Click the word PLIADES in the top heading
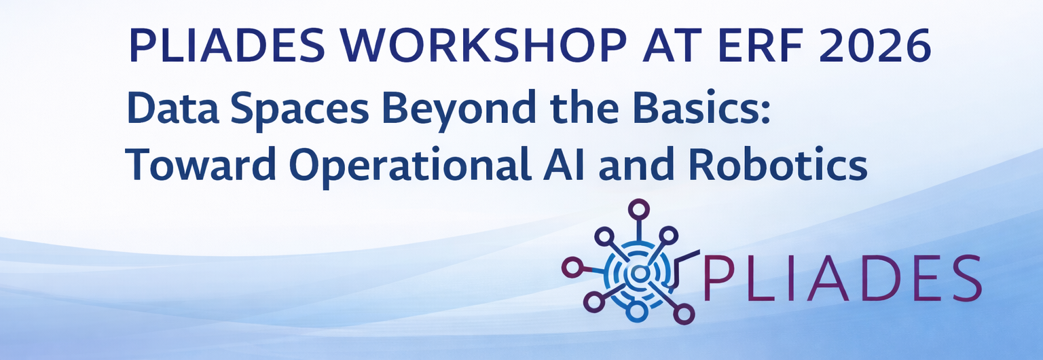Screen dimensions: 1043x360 point(227,46)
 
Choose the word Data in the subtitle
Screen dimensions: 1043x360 point(173,108)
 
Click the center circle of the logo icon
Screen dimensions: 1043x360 point(639,274)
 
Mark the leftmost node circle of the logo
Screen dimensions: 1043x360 point(572,268)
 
